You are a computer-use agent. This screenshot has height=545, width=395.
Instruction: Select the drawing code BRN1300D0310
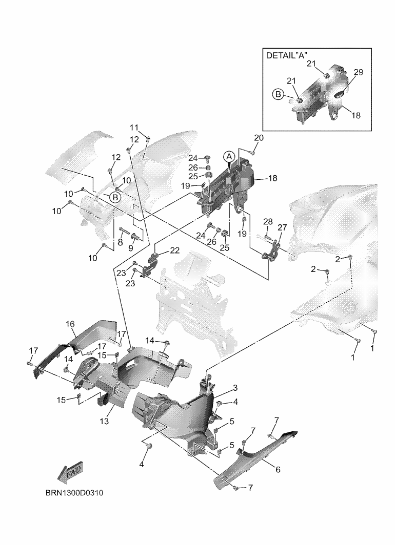click(x=74, y=493)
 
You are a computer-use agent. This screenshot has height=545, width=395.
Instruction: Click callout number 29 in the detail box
click(x=359, y=72)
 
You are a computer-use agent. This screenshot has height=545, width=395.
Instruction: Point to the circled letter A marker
click(x=229, y=157)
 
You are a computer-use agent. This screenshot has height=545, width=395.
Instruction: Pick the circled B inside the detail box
click(x=278, y=94)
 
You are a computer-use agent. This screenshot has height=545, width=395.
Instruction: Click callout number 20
click(x=259, y=138)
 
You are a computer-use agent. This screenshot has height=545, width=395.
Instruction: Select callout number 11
click(x=134, y=128)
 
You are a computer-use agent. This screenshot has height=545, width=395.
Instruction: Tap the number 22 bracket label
click(x=175, y=250)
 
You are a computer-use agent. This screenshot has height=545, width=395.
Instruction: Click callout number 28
click(x=268, y=222)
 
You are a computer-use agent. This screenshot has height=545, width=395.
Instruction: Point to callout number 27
click(x=282, y=227)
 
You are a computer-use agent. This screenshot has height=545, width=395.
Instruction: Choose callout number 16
click(x=70, y=324)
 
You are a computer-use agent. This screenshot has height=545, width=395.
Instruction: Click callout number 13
click(x=104, y=421)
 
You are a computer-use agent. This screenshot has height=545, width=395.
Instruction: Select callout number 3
click(x=235, y=388)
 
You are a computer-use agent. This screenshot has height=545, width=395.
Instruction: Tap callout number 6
click(x=278, y=470)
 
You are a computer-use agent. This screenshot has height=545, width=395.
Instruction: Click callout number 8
click(x=120, y=242)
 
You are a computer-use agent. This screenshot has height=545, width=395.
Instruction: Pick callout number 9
click(x=131, y=248)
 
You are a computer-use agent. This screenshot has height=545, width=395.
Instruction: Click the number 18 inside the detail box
click(x=356, y=115)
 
